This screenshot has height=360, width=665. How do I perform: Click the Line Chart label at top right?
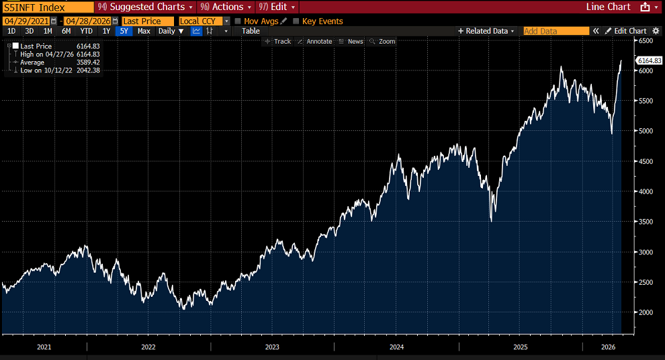[x=608, y=7]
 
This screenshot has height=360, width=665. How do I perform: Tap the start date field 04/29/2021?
[x=26, y=21]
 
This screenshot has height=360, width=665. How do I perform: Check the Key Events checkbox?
[x=296, y=21]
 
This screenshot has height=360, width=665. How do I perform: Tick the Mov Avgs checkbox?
[x=238, y=21]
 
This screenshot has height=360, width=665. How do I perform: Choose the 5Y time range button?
[x=124, y=31]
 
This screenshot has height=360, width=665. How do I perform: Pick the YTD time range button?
[x=86, y=31]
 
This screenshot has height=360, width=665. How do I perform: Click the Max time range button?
[x=144, y=31]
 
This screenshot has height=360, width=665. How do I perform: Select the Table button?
[x=251, y=31]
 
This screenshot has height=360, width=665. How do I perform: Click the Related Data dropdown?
[x=486, y=31]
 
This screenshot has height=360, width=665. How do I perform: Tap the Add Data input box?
[x=555, y=31]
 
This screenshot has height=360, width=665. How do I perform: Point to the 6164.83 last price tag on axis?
[x=649, y=60]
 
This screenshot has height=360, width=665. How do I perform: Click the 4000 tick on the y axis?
[x=645, y=191]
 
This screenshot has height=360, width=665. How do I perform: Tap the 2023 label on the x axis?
[x=272, y=347]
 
